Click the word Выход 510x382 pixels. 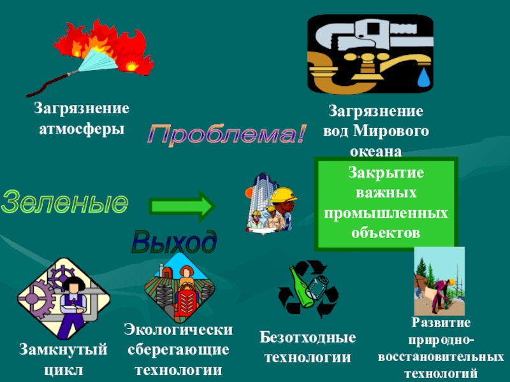click(x=173, y=243)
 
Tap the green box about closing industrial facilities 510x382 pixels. click(x=386, y=203)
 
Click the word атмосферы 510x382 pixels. click(x=82, y=128)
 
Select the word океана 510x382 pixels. click(x=375, y=152)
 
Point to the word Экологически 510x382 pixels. click(x=178, y=329)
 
